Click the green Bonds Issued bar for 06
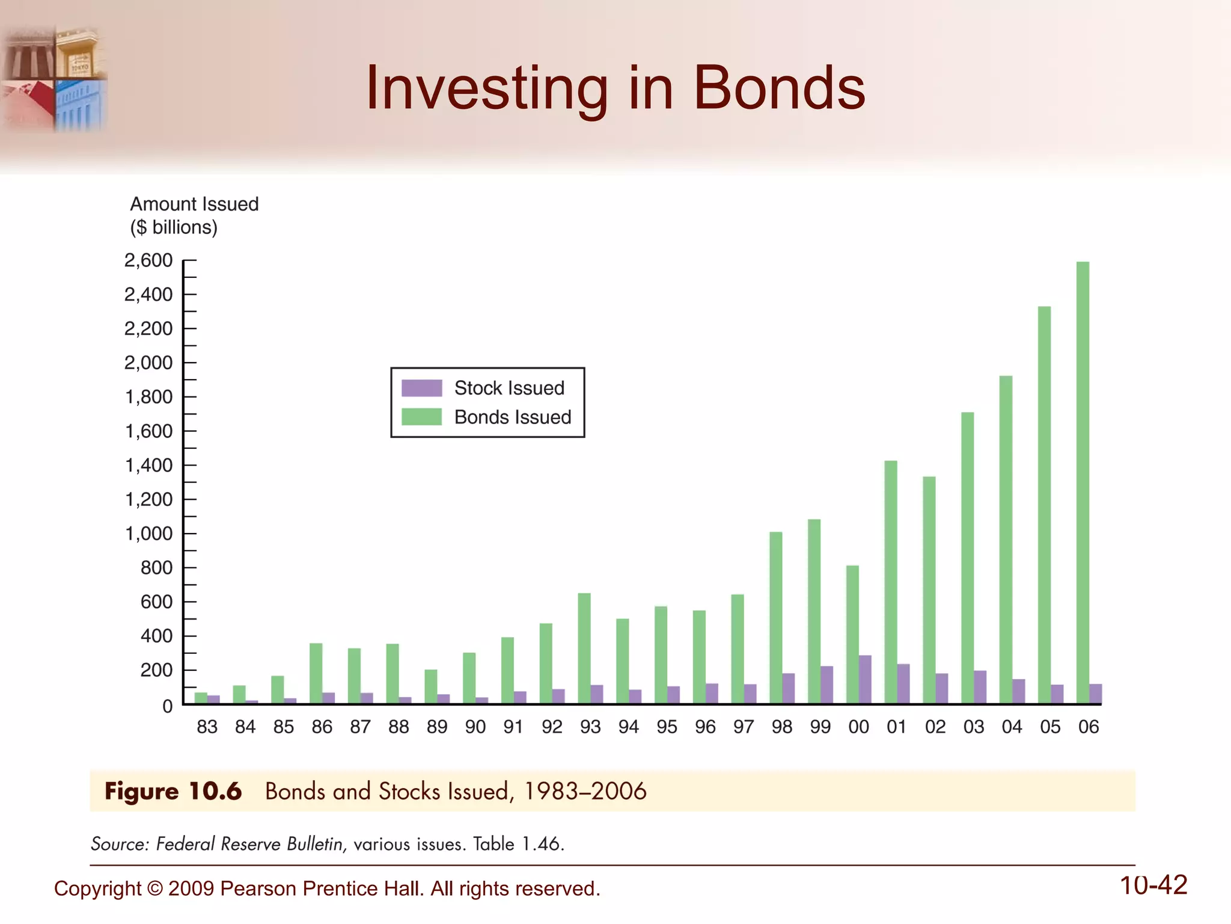[1083, 481]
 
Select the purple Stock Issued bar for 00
[865, 680]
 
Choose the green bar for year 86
[316, 674]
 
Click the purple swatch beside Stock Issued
[421, 388]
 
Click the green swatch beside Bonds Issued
[421, 417]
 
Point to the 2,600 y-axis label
[148, 260]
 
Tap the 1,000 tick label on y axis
[148, 534]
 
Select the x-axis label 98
[781, 727]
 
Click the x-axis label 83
[207, 727]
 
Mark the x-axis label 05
[1050, 727]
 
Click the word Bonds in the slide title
[779, 88]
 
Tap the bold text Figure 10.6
[173, 791]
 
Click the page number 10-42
[1153, 885]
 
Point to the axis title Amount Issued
[194, 204]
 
